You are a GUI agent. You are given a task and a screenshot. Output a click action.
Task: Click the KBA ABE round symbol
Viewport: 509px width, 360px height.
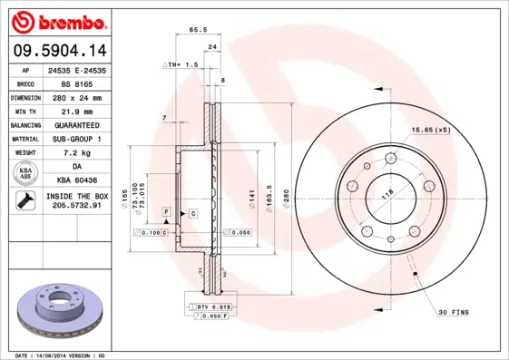[x=25, y=172]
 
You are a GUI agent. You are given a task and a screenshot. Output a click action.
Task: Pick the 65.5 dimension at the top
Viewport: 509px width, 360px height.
[x=194, y=30]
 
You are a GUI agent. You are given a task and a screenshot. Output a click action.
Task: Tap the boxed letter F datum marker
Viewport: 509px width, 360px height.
[x=167, y=211]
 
